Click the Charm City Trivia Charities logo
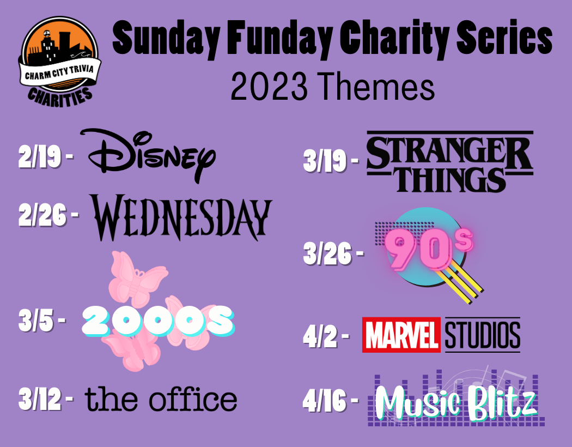60,61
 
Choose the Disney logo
148,155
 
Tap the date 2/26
42,215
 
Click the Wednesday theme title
181,217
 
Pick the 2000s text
157,321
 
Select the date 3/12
40,399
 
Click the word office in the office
193,398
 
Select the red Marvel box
401,335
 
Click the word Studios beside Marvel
482,335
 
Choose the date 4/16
324,401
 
